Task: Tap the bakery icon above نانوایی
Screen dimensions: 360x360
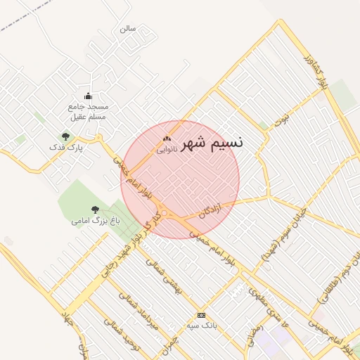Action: [167, 139]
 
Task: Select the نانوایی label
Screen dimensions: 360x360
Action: [167, 149]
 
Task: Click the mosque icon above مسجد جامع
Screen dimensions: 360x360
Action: [88, 96]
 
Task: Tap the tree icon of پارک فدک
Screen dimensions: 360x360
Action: [65, 136]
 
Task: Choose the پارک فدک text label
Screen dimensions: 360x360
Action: [65, 148]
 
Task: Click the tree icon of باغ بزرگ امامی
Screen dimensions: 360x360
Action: [95, 210]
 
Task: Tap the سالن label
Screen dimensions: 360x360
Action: [127, 29]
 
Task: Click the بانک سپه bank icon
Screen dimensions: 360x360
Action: [202, 315]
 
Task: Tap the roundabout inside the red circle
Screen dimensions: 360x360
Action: [165, 213]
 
